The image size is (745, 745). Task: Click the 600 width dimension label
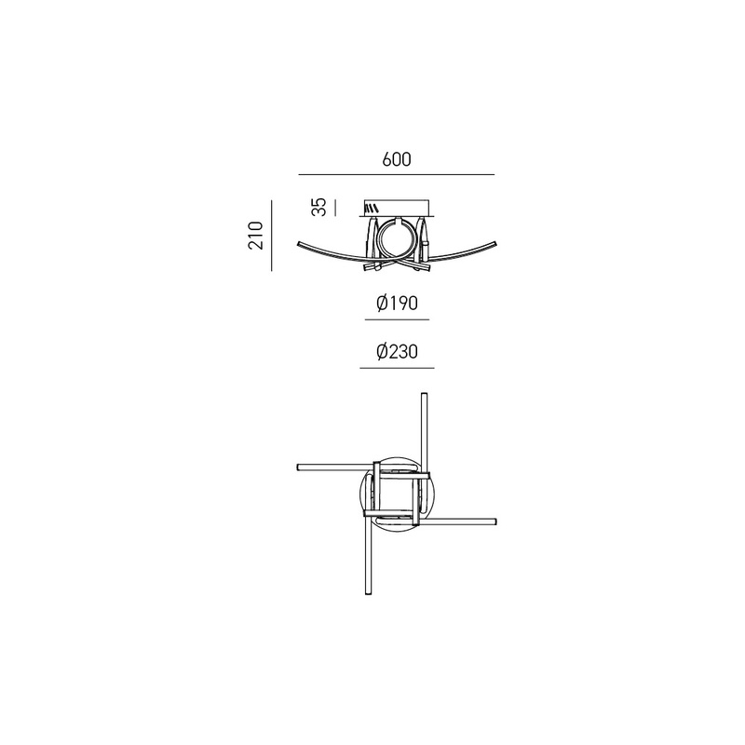(397, 159)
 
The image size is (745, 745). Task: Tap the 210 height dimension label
(255, 236)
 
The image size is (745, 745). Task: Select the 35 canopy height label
(318, 207)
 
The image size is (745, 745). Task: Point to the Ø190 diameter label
(397, 303)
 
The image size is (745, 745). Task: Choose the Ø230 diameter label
(397, 352)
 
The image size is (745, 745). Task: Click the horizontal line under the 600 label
(397, 174)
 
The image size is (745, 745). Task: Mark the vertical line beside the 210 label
(272, 236)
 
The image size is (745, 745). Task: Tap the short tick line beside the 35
(335, 208)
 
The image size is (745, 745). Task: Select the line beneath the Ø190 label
(398, 319)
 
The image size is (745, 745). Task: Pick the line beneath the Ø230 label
(398, 368)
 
